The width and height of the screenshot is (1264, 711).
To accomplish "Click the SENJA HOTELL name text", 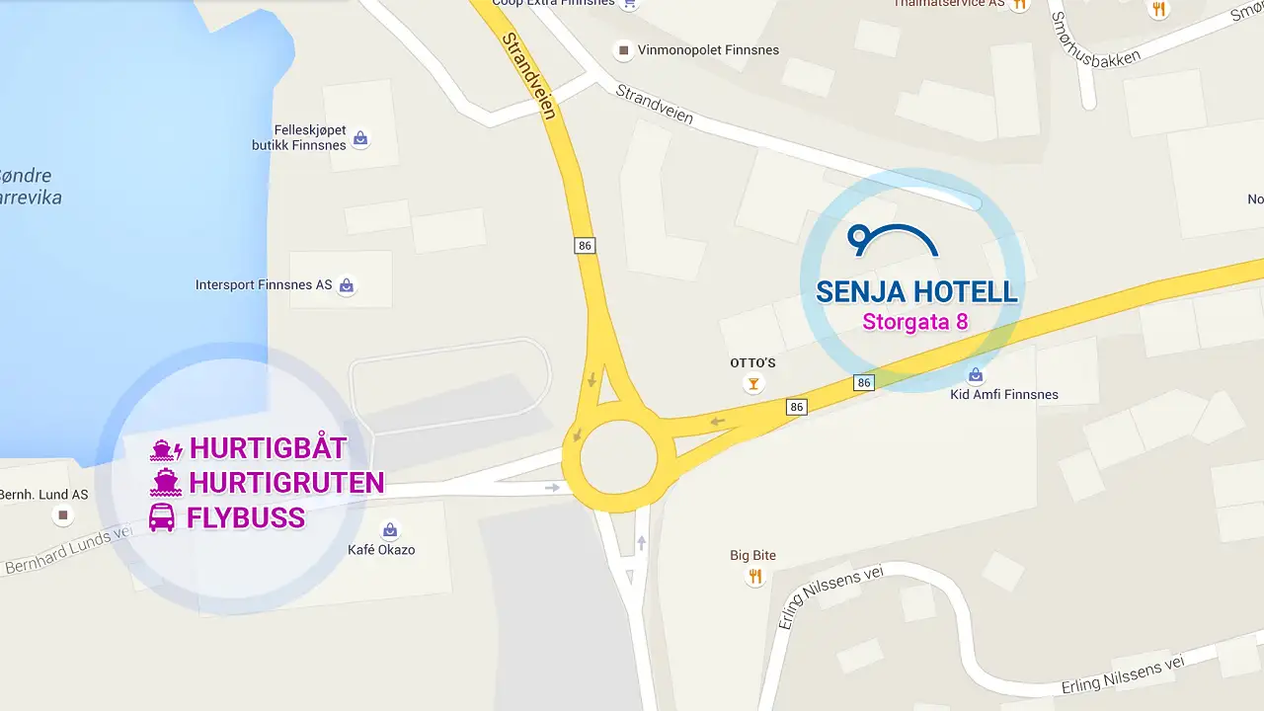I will tap(915, 291).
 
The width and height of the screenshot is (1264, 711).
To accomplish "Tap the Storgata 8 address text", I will tap(914, 322).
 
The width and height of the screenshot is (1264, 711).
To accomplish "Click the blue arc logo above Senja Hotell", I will tap(893, 240).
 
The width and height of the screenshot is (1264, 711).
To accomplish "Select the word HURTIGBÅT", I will tap(268, 448).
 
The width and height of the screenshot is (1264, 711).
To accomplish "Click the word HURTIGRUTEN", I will tap(286, 483).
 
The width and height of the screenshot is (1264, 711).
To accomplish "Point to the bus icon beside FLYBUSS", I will tap(162, 517).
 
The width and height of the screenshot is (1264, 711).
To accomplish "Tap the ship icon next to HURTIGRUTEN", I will tap(165, 483).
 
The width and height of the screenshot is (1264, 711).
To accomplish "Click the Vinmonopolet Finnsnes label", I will tap(708, 50).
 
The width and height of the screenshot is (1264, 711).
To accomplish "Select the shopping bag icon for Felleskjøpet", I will tap(360, 138).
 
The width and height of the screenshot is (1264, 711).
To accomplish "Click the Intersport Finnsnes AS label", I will tap(264, 285).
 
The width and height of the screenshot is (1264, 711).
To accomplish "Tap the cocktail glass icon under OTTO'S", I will tap(753, 384).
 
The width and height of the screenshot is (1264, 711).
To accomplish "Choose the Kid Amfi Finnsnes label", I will tap(1003, 395).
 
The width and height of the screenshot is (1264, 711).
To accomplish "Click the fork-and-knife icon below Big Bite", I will tap(755, 577).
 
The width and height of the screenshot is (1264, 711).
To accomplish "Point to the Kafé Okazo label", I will tap(381, 550).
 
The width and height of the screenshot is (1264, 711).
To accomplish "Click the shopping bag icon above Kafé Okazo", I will tap(390, 530).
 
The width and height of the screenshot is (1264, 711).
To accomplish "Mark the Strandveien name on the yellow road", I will tap(529, 76).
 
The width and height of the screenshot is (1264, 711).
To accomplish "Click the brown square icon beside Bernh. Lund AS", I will tap(64, 515).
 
